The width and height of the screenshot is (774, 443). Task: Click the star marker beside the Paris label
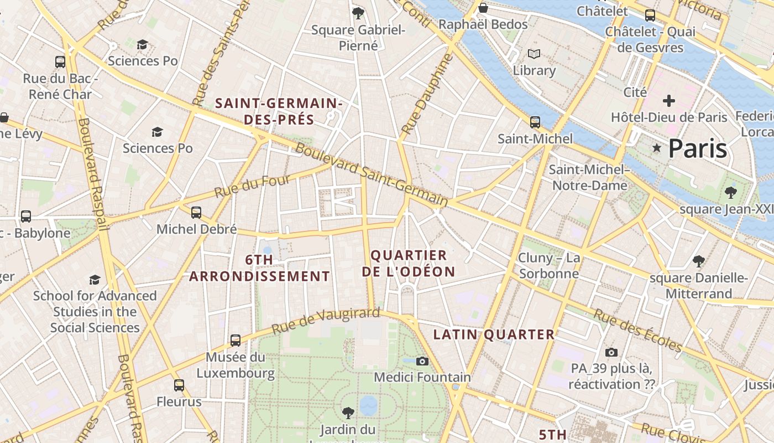(x=657, y=148)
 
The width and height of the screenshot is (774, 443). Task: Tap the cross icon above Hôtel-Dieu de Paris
(x=669, y=101)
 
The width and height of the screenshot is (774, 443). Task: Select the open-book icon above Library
(x=534, y=54)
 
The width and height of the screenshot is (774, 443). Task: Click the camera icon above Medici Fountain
(x=422, y=361)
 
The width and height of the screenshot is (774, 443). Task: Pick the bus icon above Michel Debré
(x=196, y=213)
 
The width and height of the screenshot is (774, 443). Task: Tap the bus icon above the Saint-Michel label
(x=535, y=122)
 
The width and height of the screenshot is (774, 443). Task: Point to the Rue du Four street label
(x=252, y=186)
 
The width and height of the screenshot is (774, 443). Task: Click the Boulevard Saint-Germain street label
(x=371, y=174)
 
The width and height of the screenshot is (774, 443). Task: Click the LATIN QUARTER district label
(x=494, y=334)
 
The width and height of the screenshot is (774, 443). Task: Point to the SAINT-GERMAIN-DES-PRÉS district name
(x=279, y=111)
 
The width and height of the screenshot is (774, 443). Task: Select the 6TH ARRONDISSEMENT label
(x=259, y=268)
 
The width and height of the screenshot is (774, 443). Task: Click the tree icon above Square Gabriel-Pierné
(x=358, y=13)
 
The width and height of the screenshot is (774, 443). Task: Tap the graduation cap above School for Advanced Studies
(x=95, y=280)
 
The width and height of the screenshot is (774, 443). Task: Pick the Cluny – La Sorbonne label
(x=549, y=265)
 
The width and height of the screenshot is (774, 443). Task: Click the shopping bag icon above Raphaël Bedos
(x=483, y=8)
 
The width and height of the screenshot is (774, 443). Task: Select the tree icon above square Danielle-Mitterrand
(x=699, y=261)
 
